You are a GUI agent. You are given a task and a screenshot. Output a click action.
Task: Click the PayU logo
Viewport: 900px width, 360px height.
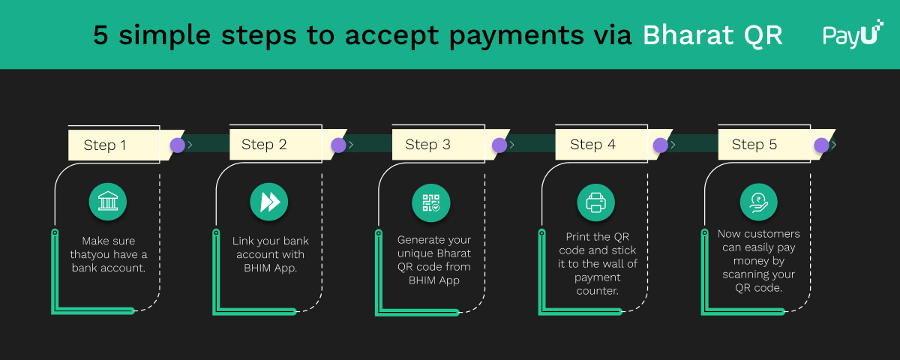(853, 34)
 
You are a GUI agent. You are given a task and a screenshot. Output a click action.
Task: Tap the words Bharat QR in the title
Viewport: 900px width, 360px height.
(712, 35)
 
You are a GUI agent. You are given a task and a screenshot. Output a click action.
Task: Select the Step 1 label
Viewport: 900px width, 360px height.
(105, 145)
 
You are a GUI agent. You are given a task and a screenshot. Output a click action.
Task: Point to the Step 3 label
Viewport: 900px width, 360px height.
(427, 145)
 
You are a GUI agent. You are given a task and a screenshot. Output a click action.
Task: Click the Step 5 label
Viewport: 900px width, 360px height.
(754, 145)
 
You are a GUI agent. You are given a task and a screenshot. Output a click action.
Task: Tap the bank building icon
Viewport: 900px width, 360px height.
(108, 202)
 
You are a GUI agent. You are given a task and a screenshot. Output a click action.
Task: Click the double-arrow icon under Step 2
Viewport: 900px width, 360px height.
(268, 202)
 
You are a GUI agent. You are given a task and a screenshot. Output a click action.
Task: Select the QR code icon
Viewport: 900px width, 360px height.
(431, 202)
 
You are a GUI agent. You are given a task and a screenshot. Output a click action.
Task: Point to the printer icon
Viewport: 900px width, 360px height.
(595, 202)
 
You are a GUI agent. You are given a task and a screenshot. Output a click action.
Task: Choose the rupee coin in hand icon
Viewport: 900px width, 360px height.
(758, 202)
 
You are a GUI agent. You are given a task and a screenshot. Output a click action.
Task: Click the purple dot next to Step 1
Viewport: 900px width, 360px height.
(178, 145)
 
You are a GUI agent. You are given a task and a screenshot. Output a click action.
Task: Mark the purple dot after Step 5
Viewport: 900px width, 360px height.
(822, 145)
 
